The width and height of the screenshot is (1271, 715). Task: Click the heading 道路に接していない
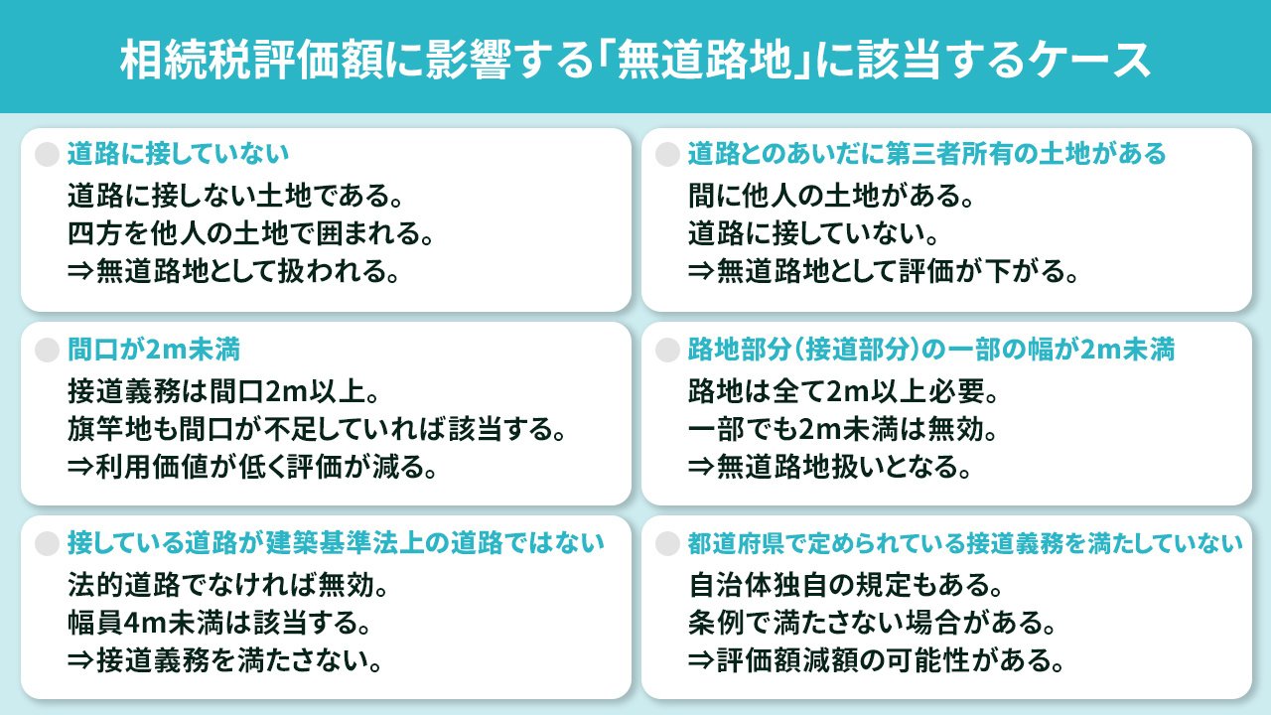178,154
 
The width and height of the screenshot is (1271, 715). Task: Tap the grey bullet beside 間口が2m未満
47,349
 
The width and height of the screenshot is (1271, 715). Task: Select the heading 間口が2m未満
154,349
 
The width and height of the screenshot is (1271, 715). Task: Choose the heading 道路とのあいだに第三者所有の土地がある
926,154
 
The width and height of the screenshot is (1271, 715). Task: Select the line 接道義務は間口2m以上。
222,389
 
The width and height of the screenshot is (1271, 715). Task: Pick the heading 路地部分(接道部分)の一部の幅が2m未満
931,349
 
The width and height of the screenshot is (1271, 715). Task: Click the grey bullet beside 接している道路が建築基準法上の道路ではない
47,543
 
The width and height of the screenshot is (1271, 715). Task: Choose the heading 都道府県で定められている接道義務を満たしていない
965,543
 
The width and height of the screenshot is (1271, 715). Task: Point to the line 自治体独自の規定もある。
850,584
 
